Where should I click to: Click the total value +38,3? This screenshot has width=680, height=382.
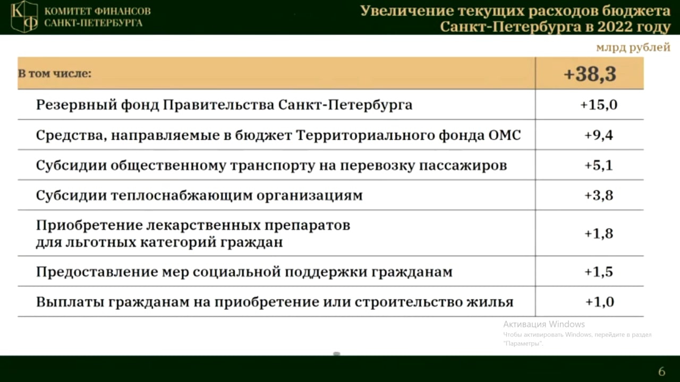click(x=590, y=74)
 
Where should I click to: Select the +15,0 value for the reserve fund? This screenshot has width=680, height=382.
click(x=599, y=105)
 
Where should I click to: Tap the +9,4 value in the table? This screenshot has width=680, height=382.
click(x=599, y=135)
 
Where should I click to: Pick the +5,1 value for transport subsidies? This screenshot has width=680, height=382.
click(x=599, y=166)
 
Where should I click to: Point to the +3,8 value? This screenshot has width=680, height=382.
click(x=599, y=196)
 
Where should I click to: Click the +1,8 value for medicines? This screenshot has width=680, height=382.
click(x=599, y=234)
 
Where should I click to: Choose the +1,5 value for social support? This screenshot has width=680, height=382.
click(x=599, y=272)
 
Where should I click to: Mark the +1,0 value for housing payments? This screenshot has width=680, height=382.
click(x=600, y=302)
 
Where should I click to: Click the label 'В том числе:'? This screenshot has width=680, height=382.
click(x=55, y=74)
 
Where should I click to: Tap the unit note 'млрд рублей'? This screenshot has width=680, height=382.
click(x=633, y=48)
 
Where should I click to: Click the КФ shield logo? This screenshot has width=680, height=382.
click(x=24, y=16)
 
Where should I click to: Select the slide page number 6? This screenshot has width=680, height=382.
click(x=662, y=371)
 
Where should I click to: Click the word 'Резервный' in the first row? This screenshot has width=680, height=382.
click(x=76, y=105)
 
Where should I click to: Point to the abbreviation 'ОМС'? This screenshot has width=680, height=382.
click(x=505, y=135)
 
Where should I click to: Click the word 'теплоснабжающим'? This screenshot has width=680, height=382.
click(x=182, y=196)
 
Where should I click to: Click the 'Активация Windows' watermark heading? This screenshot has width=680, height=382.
click(x=544, y=324)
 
